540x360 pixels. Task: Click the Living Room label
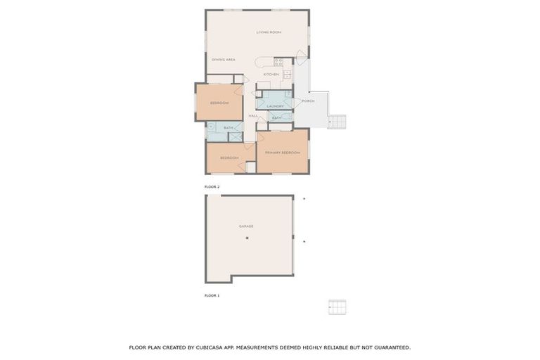coord(269,32)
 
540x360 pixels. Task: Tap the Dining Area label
coord(223,60)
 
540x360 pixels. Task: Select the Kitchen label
coord(271,74)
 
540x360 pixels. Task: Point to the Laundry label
coord(275,106)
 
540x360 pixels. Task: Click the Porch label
coord(308,101)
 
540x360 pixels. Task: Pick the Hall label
coord(253,116)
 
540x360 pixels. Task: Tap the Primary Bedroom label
coord(282,153)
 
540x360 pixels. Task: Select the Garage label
coord(246,226)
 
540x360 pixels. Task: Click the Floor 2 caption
coord(212,186)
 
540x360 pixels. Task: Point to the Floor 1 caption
coord(212,296)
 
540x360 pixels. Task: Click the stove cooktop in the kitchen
coord(278,62)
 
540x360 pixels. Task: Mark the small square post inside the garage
coord(247,239)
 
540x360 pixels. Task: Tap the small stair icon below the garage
coord(337,307)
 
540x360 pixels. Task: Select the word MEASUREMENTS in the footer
coord(257,347)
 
